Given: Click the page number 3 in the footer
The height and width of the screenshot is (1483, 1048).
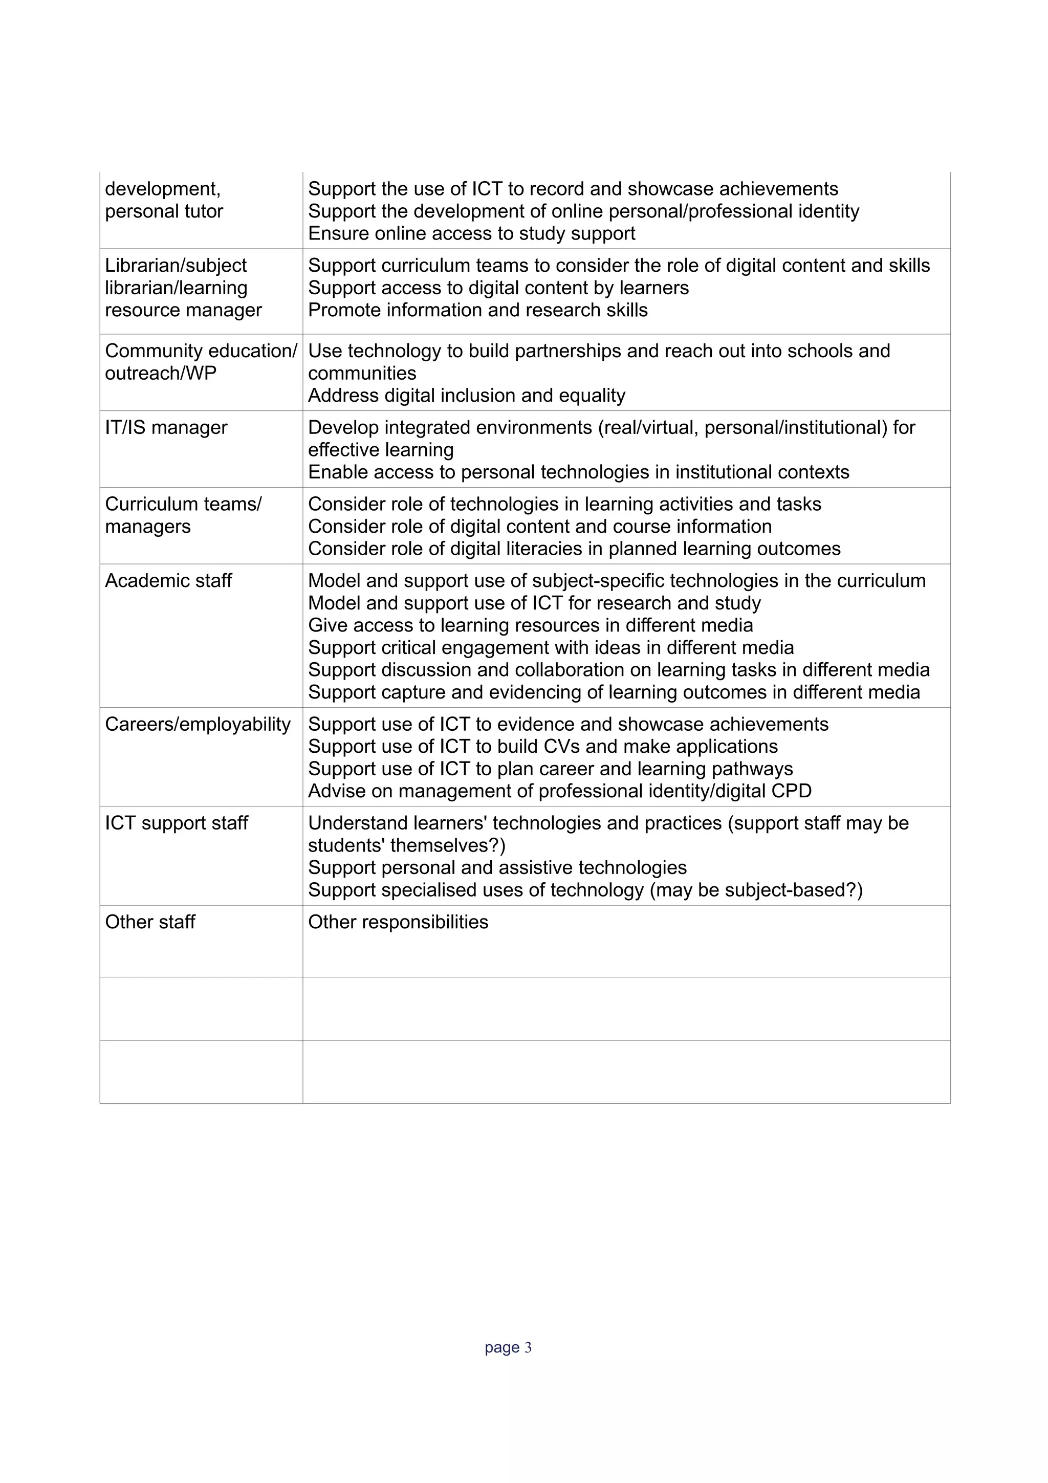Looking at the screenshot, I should coord(528,1347).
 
